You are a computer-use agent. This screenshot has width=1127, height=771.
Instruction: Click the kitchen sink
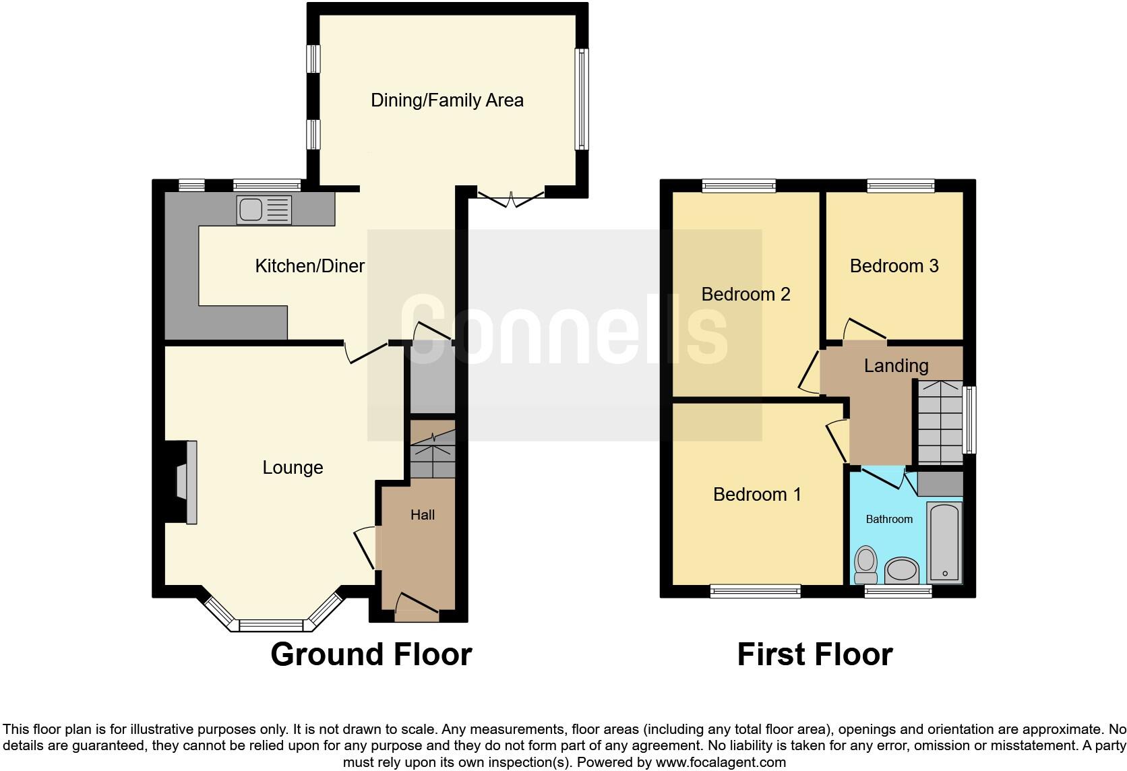coord(264,210)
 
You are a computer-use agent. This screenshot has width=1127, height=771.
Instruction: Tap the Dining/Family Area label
coord(447,100)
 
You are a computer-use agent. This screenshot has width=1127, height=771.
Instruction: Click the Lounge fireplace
coord(184,482)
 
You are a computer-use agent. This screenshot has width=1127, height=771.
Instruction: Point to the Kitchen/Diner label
coord(309,266)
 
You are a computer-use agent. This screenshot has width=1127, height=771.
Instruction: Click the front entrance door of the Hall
coord(417,607)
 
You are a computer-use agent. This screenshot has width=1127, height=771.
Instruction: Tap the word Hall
coord(423,515)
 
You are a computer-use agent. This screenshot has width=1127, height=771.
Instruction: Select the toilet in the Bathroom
coord(865,565)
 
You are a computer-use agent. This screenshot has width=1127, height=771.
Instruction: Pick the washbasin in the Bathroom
coord(902,570)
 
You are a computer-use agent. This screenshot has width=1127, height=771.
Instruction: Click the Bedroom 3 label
coord(894,266)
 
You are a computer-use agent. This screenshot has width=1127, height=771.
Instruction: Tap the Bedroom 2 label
coord(745,295)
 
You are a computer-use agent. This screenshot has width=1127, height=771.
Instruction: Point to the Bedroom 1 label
coord(757,495)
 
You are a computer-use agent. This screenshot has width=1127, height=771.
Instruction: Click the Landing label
coord(896,366)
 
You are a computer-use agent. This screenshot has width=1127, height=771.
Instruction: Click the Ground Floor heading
coord(371,654)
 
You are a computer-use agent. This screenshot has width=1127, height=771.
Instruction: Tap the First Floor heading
coord(814,654)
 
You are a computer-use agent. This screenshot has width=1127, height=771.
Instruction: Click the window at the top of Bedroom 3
coord(901,185)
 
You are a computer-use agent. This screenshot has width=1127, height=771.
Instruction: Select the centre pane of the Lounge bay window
coord(272,626)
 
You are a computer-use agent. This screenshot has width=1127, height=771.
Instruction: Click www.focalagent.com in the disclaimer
coord(720,763)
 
